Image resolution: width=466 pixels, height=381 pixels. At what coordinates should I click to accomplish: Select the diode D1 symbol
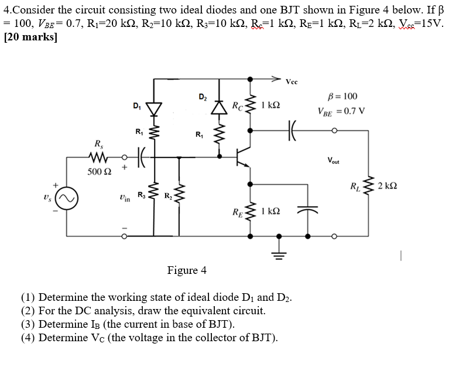coord(155,108)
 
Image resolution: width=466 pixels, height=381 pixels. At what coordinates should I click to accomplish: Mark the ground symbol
coord(279,253)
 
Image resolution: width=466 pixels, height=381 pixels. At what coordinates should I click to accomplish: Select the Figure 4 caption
coord(186,270)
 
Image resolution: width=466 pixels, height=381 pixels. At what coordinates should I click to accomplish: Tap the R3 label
coord(141,194)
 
